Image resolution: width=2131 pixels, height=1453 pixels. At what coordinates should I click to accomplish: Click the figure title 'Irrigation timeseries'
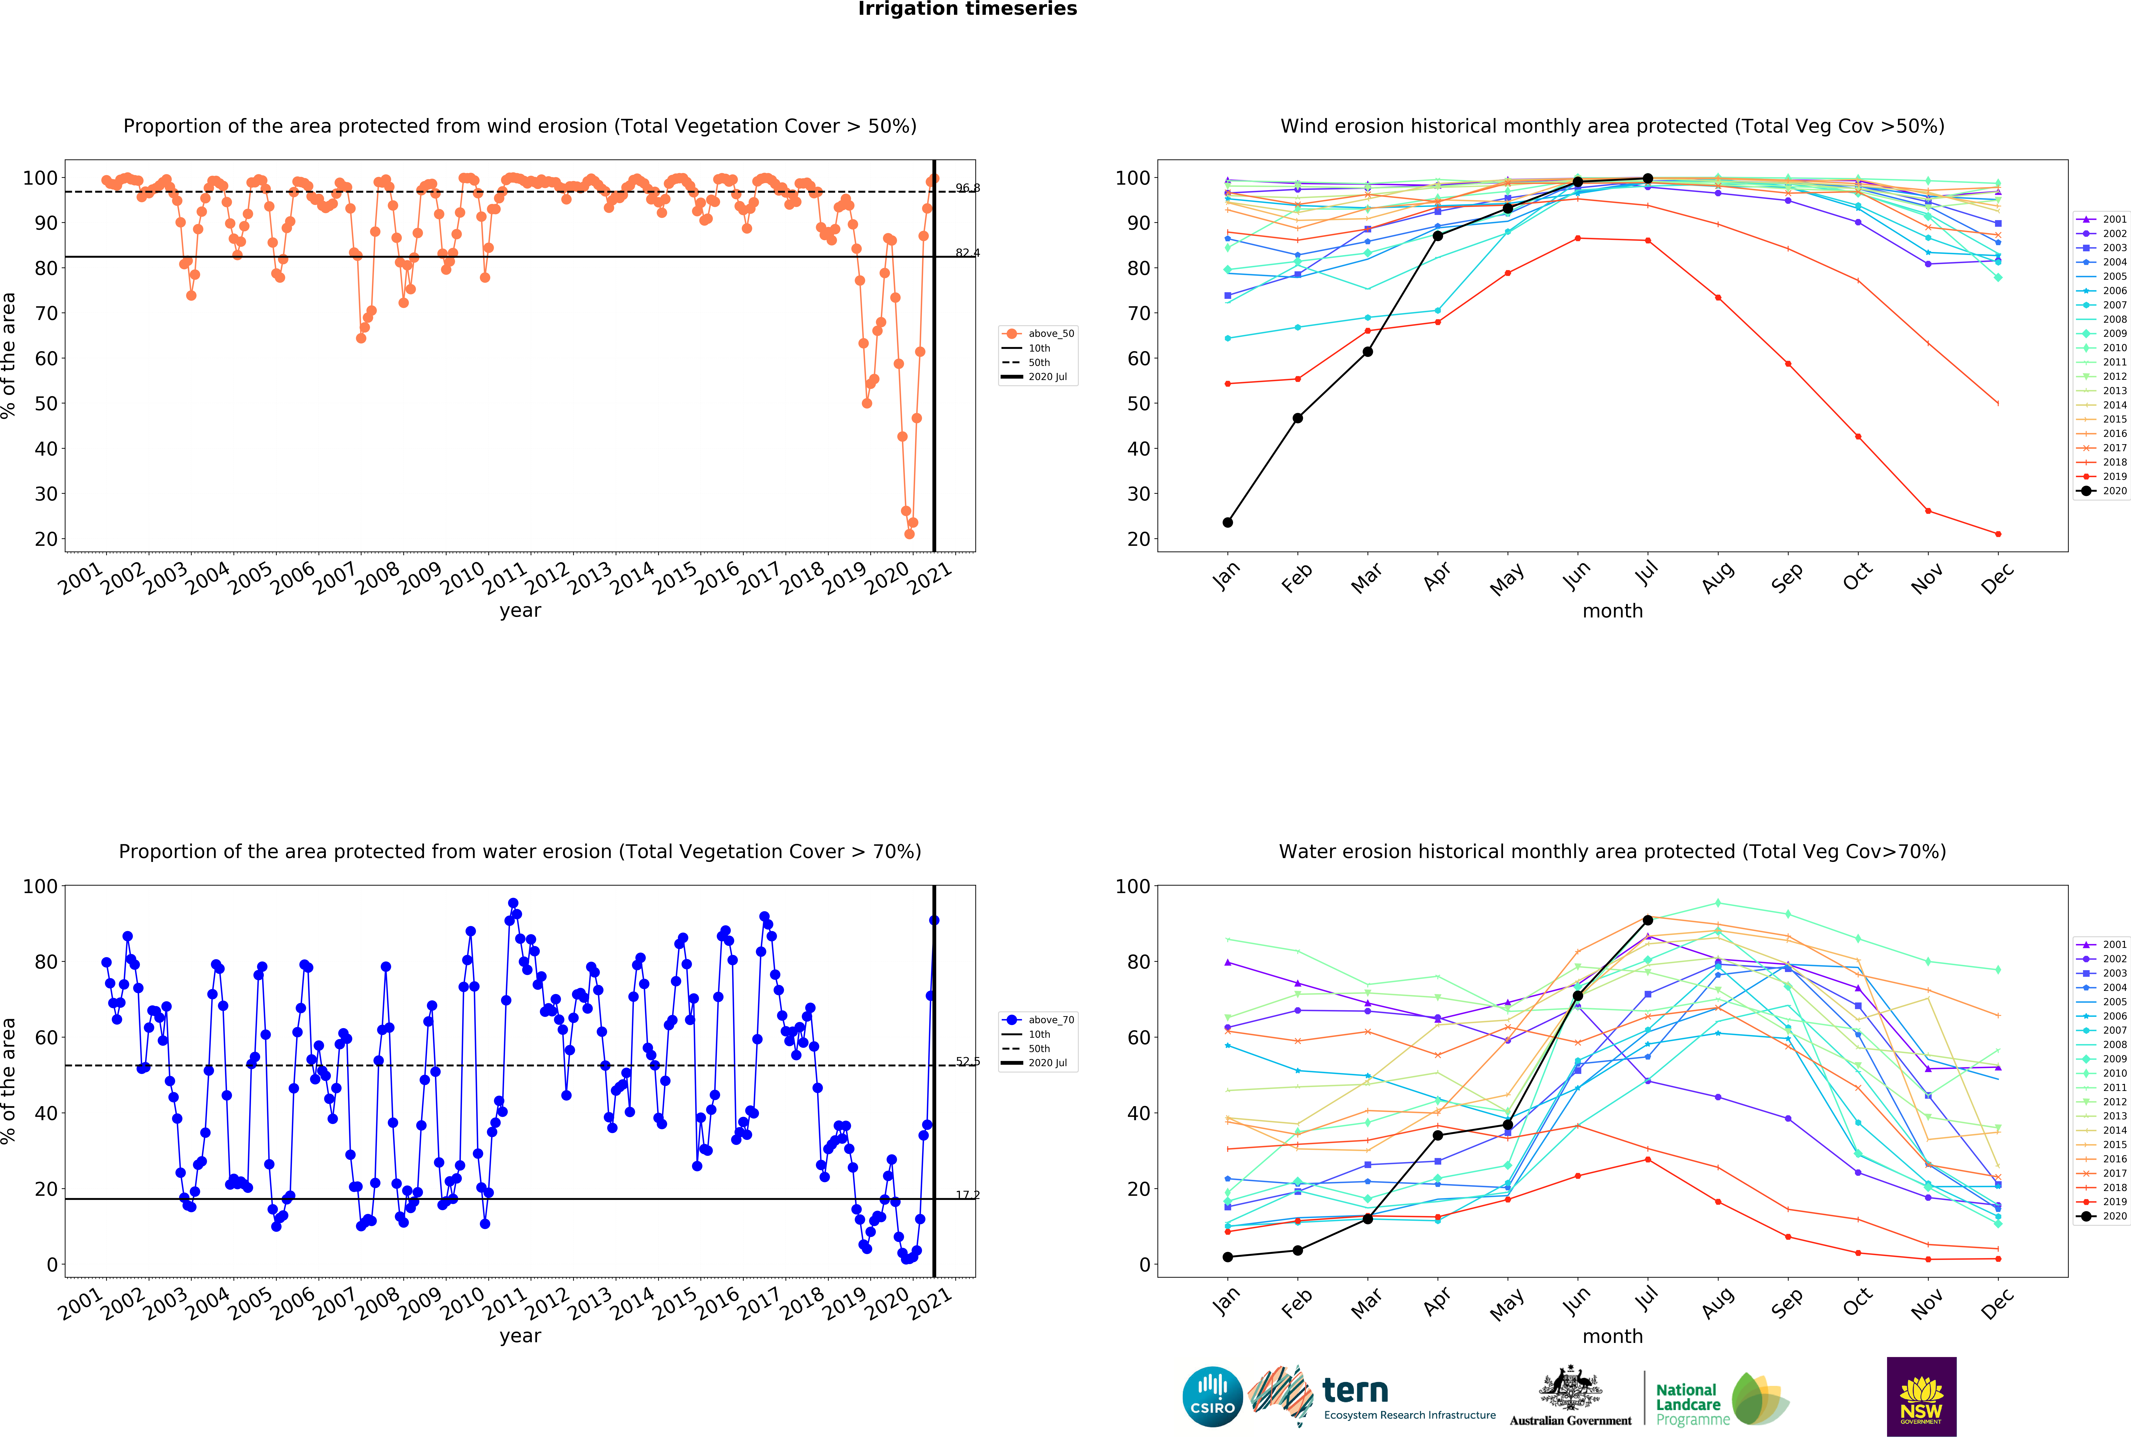(x=967, y=9)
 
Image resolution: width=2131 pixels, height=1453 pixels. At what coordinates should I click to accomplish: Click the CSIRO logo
(x=1212, y=1397)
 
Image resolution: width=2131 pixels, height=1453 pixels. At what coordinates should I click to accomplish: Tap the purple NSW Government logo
(x=1921, y=1396)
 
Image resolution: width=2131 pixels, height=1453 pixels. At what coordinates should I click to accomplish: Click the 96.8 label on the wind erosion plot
(x=967, y=188)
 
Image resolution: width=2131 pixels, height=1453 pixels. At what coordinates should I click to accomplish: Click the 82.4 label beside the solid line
(x=967, y=253)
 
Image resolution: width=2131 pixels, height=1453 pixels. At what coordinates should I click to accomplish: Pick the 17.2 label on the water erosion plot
(x=967, y=1195)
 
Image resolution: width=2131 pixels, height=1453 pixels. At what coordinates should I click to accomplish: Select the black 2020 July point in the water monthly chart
(x=1648, y=920)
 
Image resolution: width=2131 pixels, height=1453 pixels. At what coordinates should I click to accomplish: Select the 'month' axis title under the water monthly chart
(x=1613, y=1337)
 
